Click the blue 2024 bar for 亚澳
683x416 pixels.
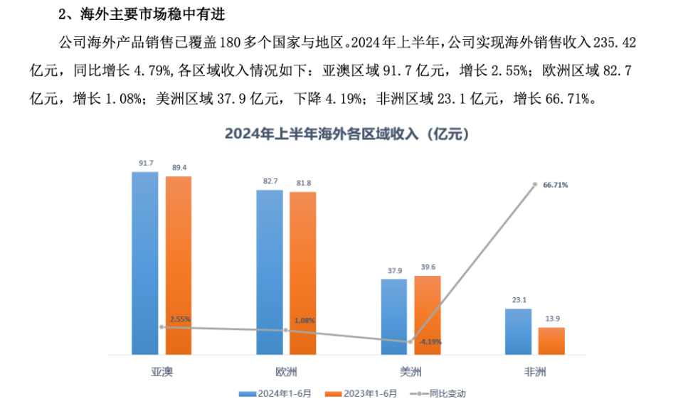(x=145, y=263)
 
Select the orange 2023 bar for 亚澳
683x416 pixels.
(x=179, y=265)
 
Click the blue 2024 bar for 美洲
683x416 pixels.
(x=394, y=316)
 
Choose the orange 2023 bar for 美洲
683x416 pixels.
(x=428, y=315)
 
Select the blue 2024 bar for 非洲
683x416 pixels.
(x=518, y=331)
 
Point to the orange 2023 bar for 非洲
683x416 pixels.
(x=551, y=341)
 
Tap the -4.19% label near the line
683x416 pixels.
(x=430, y=342)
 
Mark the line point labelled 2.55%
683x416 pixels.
(x=162, y=327)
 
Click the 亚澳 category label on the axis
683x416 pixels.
(x=162, y=372)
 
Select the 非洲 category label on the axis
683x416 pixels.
(x=535, y=372)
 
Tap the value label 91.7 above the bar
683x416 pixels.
(x=145, y=164)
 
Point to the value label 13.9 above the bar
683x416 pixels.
(x=551, y=319)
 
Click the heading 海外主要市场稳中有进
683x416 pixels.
(x=145, y=13)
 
